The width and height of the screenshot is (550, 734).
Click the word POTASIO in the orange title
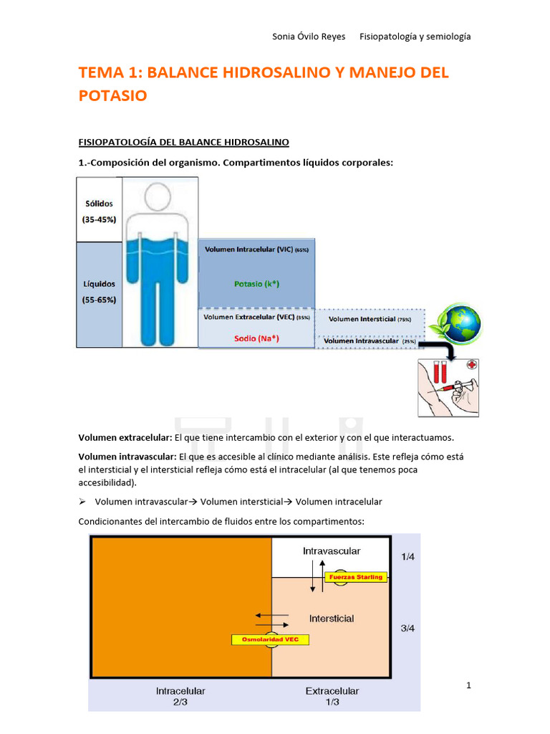(x=113, y=95)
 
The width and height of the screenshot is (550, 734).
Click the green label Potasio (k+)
(x=256, y=284)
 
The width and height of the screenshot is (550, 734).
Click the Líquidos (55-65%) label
(x=99, y=292)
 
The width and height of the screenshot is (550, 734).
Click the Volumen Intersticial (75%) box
(x=370, y=319)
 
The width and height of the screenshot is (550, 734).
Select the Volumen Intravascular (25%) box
(x=370, y=341)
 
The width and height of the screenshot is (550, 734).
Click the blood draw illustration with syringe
(x=448, y=387)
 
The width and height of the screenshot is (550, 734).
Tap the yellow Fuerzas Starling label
(x=356, y=576)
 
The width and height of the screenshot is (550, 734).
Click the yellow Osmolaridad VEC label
(x=270, y=639)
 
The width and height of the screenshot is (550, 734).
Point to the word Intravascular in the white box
(x=332, y=551)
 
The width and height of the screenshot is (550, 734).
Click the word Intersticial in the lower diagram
(x=332, y=618)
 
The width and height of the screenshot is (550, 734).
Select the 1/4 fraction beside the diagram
(x=407, y=556)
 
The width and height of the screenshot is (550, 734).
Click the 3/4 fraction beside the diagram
(x=407, y=629)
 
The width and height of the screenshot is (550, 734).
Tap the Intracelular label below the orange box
(x=180, y=691)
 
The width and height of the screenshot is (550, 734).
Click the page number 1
(x=468, y=686)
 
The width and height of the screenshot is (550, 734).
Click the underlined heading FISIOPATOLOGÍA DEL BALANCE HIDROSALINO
(x=183, y=143)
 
